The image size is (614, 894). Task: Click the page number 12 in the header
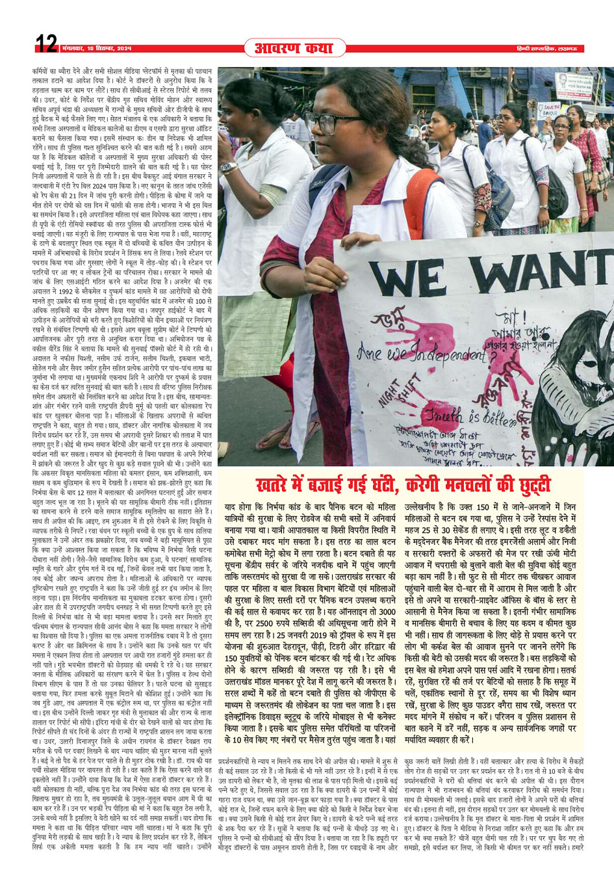point(46,45)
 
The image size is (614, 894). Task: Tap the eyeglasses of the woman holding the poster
point(335,122)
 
